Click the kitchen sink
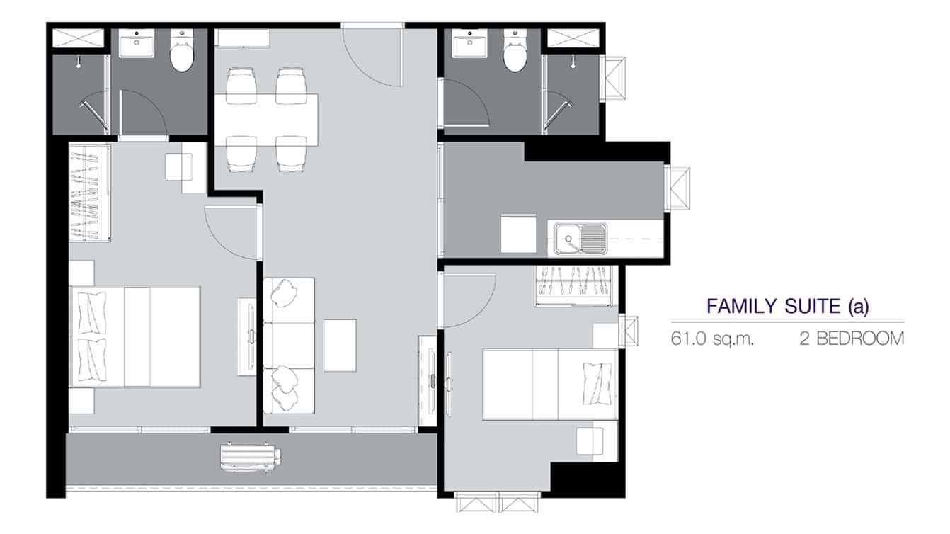coord(580,239)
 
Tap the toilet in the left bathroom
coord(182,53)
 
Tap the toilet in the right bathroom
coord(514,53)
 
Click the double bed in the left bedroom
coord(135,336)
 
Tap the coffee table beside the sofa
coord(340,345)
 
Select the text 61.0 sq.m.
coord(712,339)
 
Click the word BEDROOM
coord(860,339)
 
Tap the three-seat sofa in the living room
coord(289,345)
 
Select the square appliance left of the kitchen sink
coord(518,234)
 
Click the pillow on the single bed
coord(596,383)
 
